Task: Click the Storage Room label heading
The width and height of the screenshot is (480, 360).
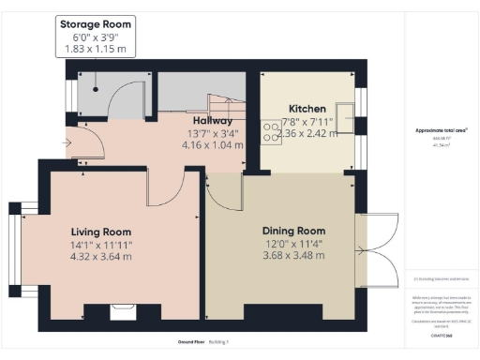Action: (96, 23)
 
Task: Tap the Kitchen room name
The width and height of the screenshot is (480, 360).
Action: (307, 108)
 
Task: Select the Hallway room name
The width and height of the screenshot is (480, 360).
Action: (213, 121)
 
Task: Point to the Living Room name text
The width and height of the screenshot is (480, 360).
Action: (101, 232)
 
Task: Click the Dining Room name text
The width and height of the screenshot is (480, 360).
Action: (293, 231)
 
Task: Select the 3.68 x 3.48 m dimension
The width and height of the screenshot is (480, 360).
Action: (293, 255)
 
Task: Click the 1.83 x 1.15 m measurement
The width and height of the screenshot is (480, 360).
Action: (96, 48)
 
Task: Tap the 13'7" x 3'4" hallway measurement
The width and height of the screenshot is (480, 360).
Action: (213, 133)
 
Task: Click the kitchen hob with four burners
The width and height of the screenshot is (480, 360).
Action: (270, 132)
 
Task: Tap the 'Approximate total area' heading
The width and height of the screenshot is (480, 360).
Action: (441, 130)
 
